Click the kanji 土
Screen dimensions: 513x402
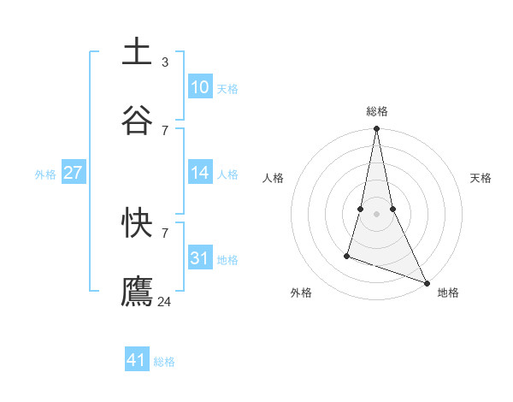138,51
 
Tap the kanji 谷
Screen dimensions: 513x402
138,120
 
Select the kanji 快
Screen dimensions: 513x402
138,222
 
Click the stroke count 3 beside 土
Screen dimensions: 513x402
165,62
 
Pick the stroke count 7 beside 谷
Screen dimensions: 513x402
165,130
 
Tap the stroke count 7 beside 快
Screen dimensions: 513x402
165,233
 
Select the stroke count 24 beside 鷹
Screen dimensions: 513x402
165,301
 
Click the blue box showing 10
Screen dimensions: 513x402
200,87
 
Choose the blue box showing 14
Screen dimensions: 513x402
200,173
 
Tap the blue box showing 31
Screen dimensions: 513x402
200,258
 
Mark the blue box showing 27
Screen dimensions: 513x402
74,173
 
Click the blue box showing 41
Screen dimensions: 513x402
138,360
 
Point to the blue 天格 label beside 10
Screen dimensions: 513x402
227,88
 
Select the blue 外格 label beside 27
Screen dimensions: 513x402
45,174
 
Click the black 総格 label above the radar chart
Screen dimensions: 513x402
377,112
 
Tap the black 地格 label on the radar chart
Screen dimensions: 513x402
448,293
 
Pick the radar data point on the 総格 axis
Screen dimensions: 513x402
376,129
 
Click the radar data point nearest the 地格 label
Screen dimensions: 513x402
426,282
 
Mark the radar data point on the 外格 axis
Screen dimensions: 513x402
347,255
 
